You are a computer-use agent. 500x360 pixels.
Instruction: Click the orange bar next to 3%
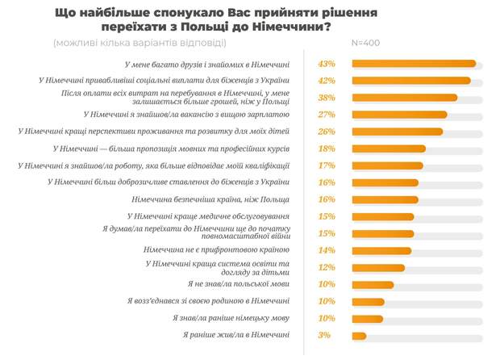360,336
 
